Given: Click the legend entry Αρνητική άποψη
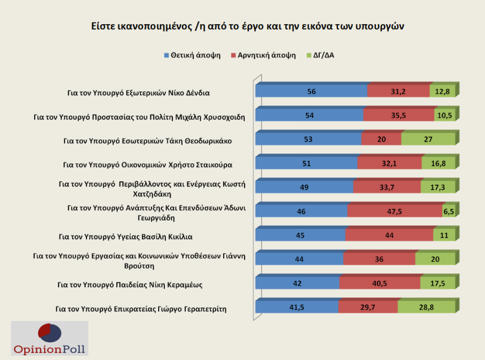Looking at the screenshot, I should (263, 55).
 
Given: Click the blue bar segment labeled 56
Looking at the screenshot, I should (311, 92).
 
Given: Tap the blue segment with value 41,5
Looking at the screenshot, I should (297, 308).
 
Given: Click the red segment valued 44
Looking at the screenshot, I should (389, 235).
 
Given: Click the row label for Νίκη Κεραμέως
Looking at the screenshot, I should (131, 285).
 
